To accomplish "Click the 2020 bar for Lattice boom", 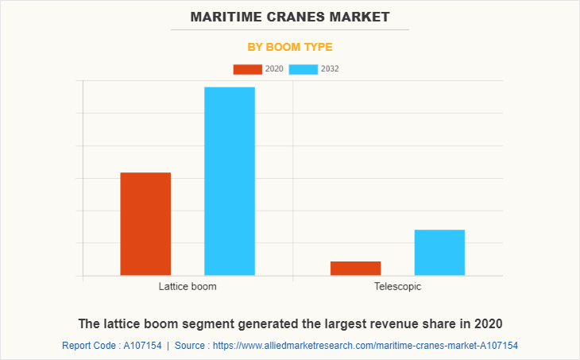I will click(145, 224).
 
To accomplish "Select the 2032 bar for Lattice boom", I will click(230, 181).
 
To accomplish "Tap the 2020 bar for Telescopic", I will click(355, 269).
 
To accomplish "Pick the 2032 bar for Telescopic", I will click(439, 253).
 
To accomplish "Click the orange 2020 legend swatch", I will click(247, 69).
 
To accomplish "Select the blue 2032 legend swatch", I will click(304, 69).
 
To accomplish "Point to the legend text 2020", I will click(274, 69).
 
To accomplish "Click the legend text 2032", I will click(331, 69).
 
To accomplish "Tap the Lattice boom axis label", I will click(188, 286).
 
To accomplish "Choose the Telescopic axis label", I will click(397, 286).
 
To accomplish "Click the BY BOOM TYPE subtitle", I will click(290, 47).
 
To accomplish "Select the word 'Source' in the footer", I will click(191, 346).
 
